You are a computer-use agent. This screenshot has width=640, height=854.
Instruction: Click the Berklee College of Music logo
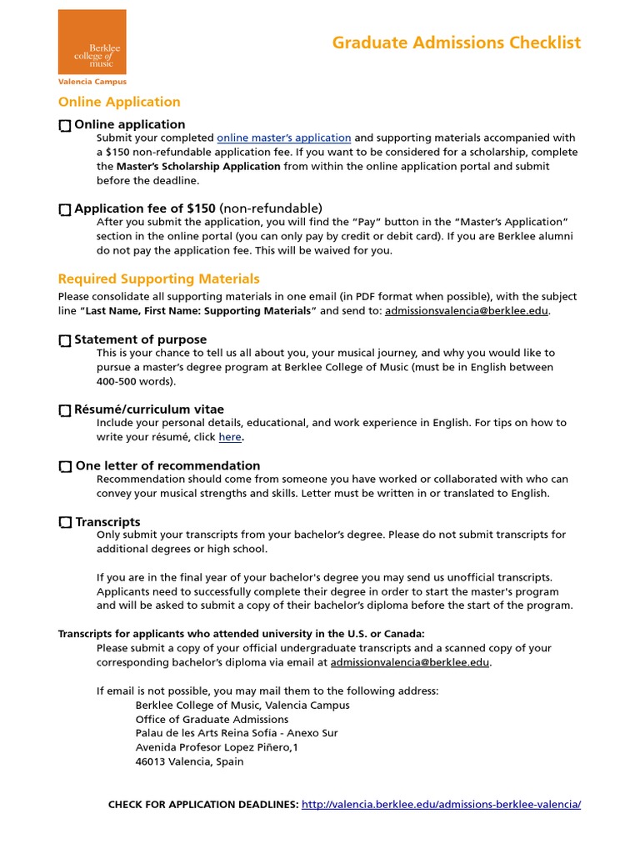pos(92,42)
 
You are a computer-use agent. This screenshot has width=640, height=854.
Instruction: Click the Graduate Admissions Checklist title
pos(456,43)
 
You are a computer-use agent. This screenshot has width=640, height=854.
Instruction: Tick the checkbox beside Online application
pos(65,126)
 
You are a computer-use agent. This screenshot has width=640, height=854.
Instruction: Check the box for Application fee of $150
pos(65,210)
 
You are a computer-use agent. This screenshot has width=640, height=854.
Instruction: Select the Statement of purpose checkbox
pos(65,341)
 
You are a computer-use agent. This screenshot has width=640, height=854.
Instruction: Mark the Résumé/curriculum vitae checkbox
pos(65,410)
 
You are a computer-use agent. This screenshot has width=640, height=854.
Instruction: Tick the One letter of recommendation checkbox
pos(65,467)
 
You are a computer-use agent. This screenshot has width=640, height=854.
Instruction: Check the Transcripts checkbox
pos(65,523)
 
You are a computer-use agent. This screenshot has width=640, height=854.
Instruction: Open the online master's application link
pos(283,138)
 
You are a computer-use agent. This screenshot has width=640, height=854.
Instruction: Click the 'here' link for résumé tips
pos(230,437)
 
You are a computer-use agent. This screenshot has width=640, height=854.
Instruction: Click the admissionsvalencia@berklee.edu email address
pos(467,311)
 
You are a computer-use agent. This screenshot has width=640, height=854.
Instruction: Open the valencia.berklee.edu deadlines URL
pos(441,805)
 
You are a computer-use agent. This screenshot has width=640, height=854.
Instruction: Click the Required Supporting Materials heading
pos(158,279)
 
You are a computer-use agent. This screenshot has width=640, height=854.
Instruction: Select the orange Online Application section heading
pos(119,102)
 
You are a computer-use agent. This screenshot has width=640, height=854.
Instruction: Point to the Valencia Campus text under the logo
pos(92,82)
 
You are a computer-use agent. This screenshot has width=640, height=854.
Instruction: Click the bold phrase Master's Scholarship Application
pos(198,166)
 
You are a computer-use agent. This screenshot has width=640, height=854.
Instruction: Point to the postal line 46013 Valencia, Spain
pos(189,761)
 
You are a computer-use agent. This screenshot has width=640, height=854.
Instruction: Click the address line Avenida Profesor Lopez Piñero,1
pos(217,747)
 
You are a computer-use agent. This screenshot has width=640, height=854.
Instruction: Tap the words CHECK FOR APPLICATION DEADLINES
pos(203,805)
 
